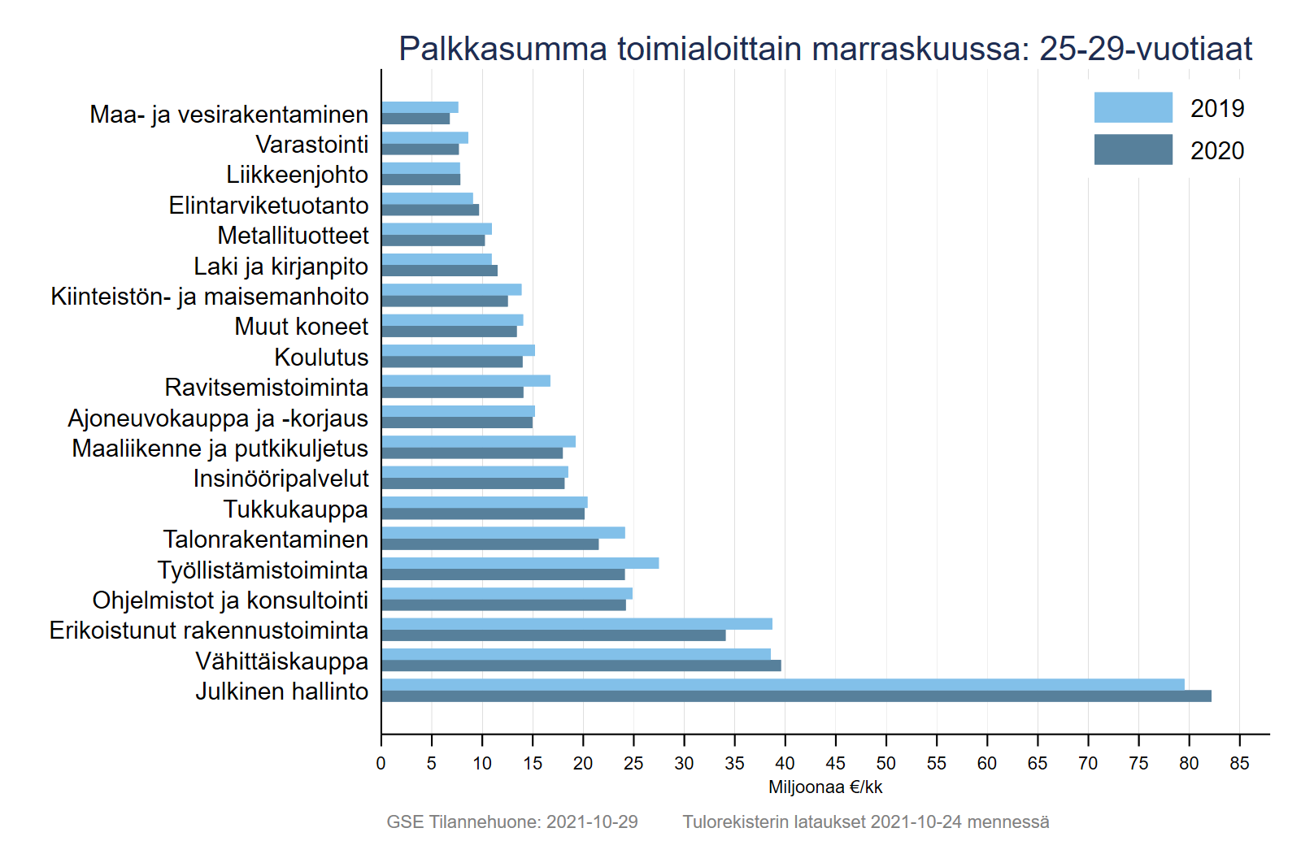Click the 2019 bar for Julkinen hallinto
(782, 685)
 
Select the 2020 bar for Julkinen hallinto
(796, 696)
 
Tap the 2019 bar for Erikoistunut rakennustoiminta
(577, 624)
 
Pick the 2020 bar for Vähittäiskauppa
(581, 666)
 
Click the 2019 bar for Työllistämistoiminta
(520, 563)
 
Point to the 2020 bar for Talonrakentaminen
(490, 544)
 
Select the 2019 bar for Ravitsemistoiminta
(465, 381)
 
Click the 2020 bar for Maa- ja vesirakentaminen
(416, 119)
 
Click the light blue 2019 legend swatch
(1133, 107)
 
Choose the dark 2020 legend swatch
(1133, 150)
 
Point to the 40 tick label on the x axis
(785, 764)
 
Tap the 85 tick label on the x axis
(1239, 764)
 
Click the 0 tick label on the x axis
(381, 764)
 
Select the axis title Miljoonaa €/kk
(825, 787)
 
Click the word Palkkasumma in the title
(503, 49)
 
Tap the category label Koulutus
(321, 358)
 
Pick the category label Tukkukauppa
(295, 509)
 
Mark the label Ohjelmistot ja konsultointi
(230, 600)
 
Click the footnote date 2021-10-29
(592, 822)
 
